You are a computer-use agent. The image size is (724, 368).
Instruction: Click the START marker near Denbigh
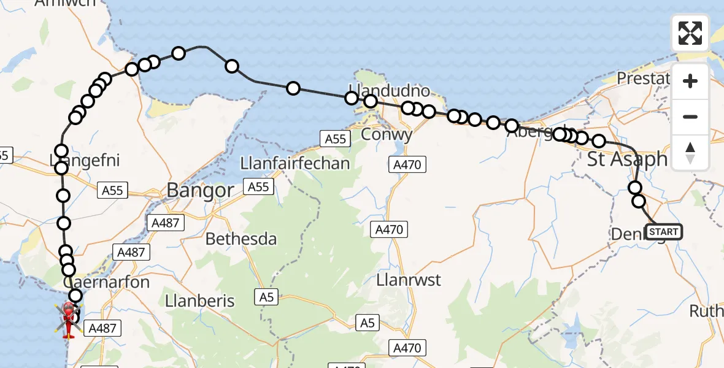click(x=664, y=232)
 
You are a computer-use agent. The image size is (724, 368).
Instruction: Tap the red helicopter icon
click(x=69, y=318)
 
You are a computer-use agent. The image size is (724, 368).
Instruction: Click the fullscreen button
click(x=690, y=33)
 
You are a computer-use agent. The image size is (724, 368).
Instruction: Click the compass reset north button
click(x=690, y=152)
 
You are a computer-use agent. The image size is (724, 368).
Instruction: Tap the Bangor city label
click(x=200, y=190)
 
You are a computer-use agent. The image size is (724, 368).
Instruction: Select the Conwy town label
click(x=387, y=134)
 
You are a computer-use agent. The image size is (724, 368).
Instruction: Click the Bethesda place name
click(x=241, y=239)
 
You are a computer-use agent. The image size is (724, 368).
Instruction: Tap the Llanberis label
click(x=200, y=301)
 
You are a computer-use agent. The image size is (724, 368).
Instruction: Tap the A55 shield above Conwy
click(x=336, y=139)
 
